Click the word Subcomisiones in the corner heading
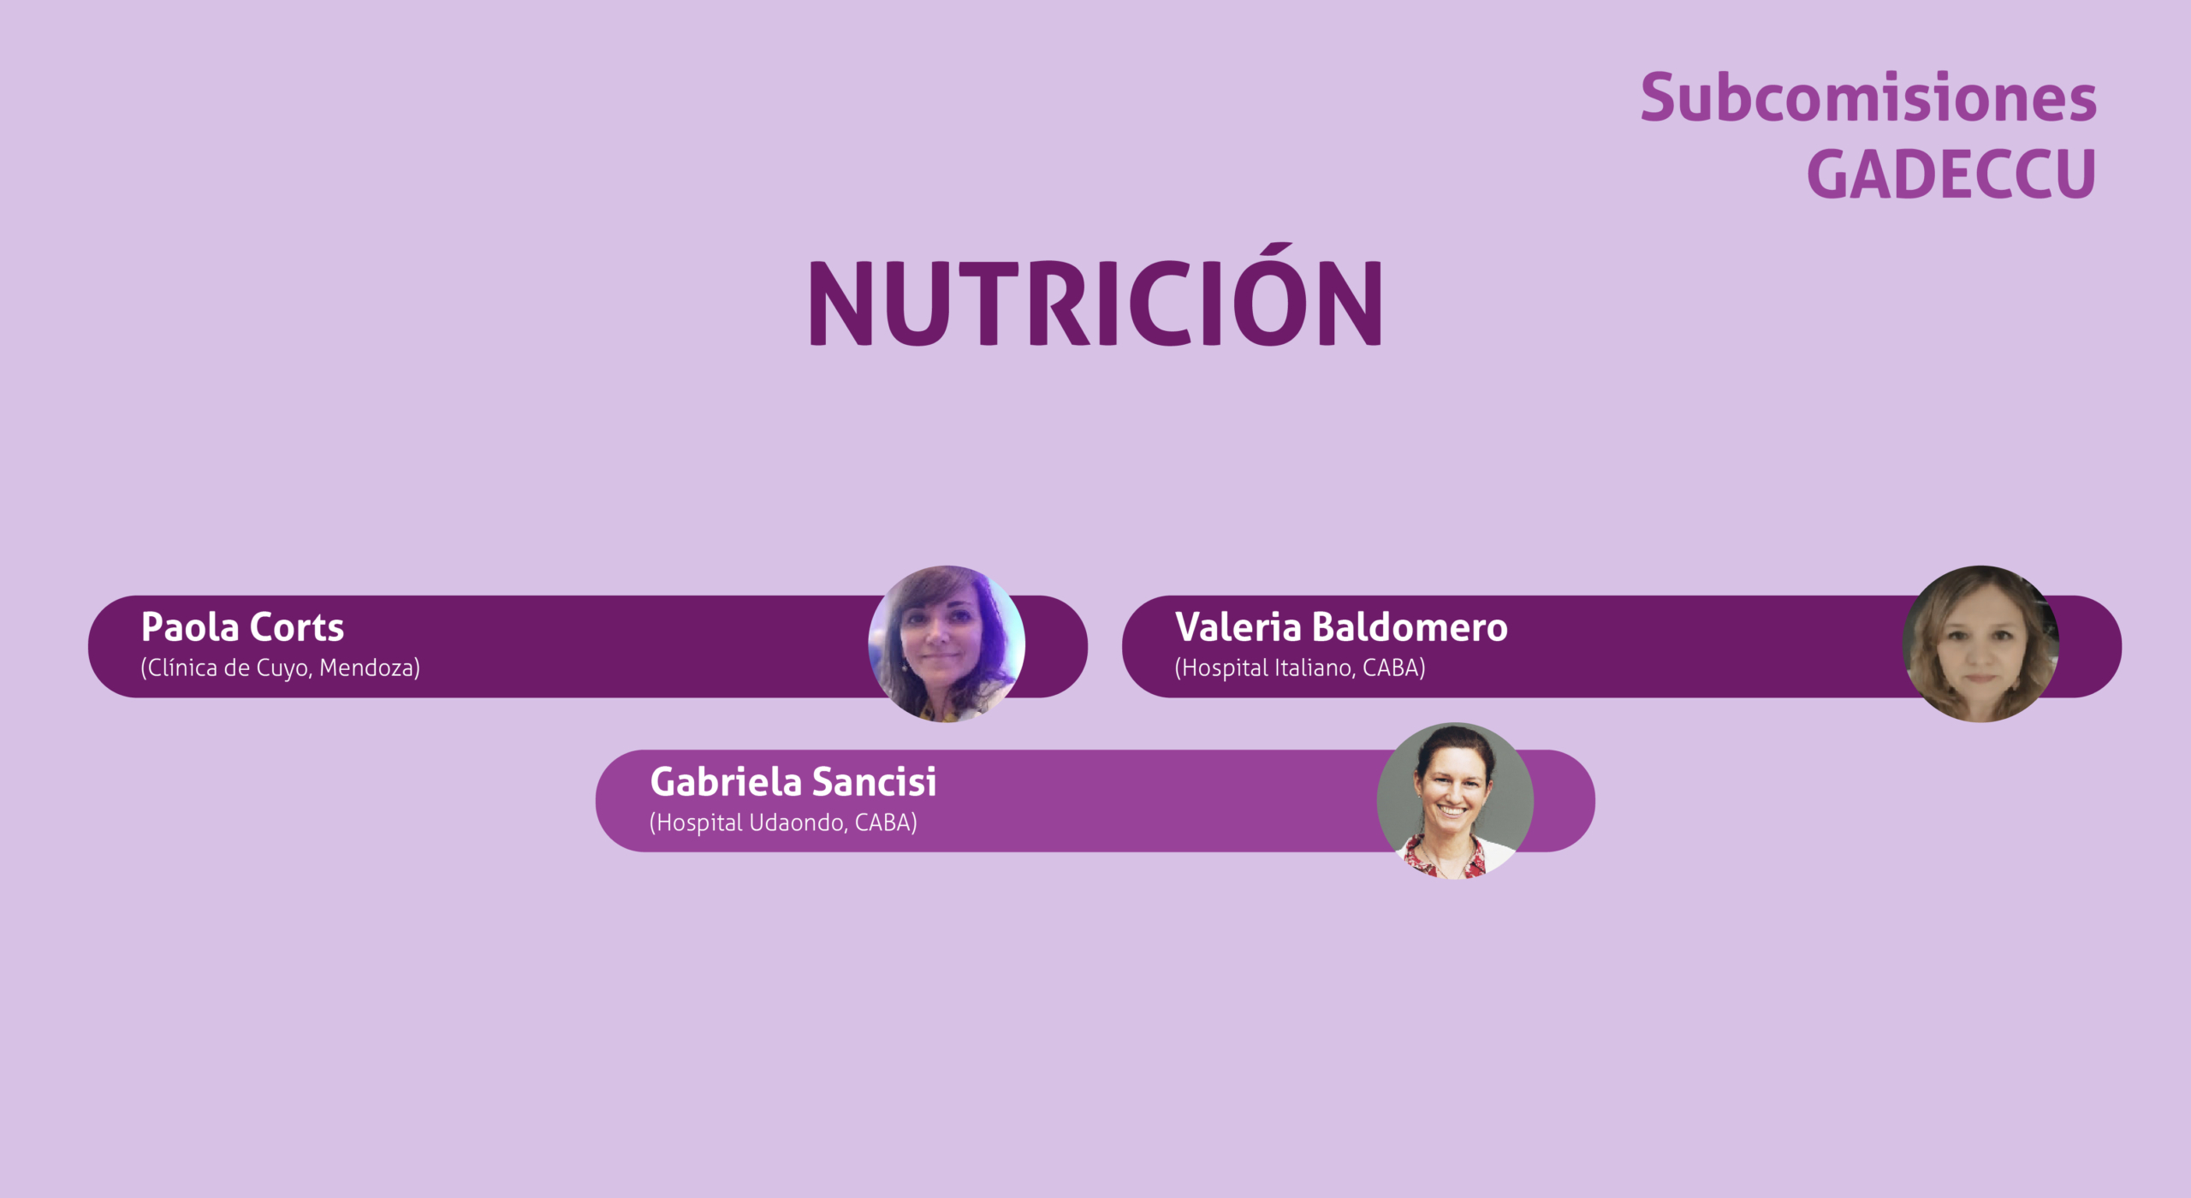point(1868,97)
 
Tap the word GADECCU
point(1951,175)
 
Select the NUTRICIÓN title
point(1095,294)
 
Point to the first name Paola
point(189,627)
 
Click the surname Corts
point(296,627)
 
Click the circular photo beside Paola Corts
point(947,643)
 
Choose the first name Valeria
point(1238,627)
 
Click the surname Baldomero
point(1410,627)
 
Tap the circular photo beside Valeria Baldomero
point(1981,643)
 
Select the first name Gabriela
point(726,781)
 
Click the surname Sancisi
point(875,781)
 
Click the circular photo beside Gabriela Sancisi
point(1456,801)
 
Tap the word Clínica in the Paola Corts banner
point(179,667)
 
